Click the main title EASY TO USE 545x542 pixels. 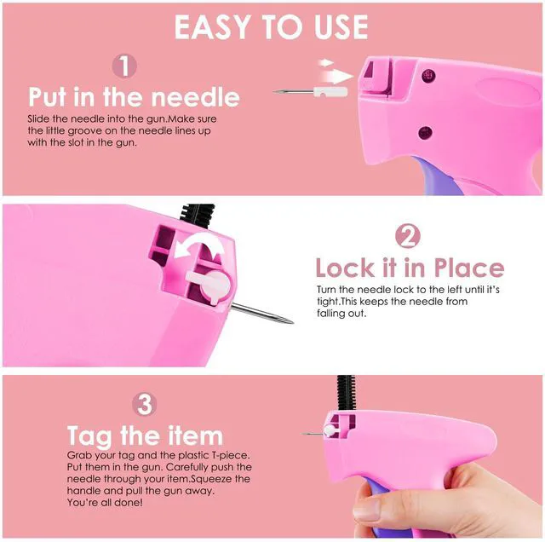point(271,26)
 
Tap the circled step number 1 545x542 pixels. point(124,66)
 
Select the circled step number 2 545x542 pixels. point(408,236)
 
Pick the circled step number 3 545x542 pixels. point(144,404)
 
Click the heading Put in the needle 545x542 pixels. point(135,96)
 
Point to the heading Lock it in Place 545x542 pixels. point(410,268)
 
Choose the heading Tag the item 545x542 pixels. point(145,435)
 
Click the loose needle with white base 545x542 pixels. point(310,92)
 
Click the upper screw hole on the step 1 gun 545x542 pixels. point(428,76)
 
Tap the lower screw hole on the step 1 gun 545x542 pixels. point(425,133)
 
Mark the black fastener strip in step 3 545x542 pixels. point(346,393)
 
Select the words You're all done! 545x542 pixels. point(105,502)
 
